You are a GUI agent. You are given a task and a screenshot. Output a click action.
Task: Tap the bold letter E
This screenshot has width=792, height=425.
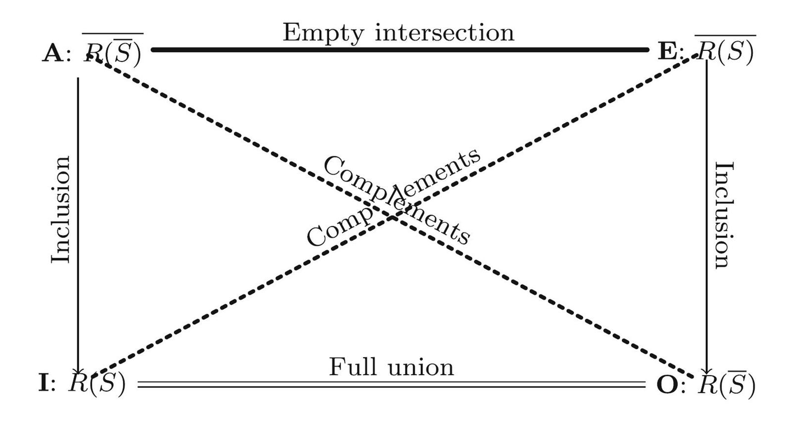pyautogui.click(x=667, y=51)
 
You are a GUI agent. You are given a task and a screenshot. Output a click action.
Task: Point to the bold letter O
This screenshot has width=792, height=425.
pyautogui.click(x=667, y=385)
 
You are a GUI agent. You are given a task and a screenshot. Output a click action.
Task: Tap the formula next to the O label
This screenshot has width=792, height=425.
pyautogui.click(x=726, y=384)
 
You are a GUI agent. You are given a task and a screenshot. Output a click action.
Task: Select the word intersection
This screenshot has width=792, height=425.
pyautogui.click(x=445, y=33)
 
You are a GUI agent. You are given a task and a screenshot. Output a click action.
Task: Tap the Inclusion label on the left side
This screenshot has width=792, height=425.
pyautogui.click(x=61, y=210)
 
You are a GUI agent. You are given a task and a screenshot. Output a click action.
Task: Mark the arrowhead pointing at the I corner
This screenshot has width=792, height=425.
pyautogui.click(x=78, y=371)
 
